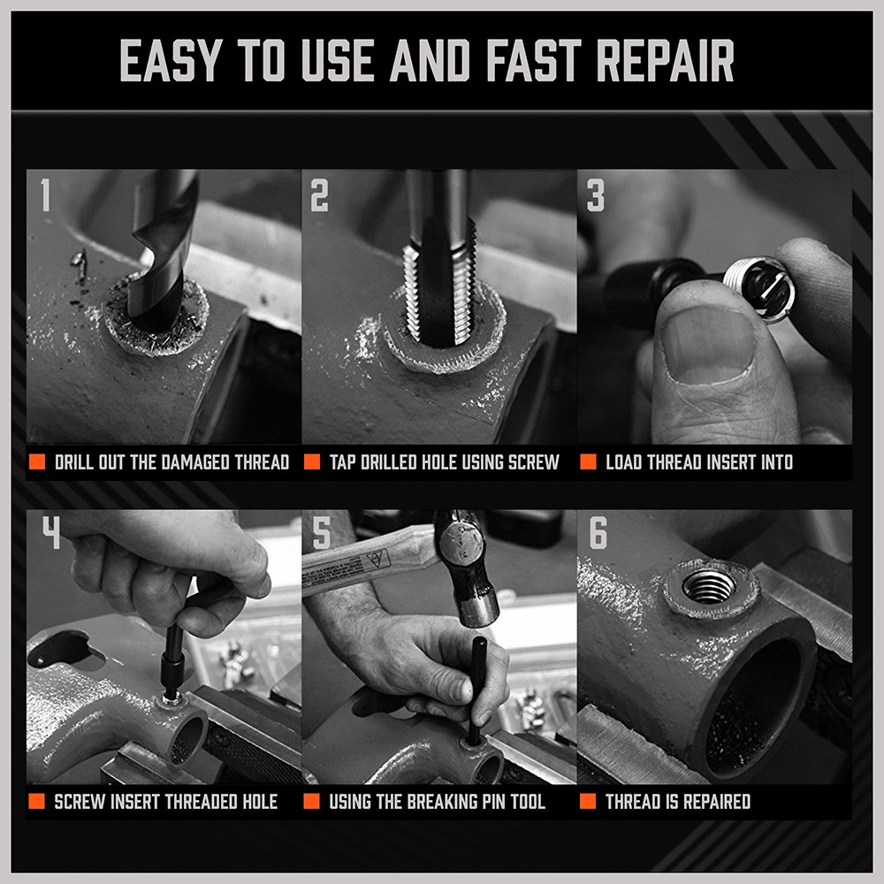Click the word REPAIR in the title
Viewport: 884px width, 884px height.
pos(666,61)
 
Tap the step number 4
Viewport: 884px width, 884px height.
pos(50,533)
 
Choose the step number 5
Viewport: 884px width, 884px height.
pos(322,533)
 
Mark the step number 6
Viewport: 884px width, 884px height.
pos(598,533)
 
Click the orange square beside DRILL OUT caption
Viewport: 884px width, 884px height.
pos(37,462)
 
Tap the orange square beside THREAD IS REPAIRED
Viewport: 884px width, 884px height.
pos(588,802)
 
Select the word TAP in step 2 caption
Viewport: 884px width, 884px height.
pos(344,462)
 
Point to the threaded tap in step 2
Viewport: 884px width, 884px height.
pos(439,283)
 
